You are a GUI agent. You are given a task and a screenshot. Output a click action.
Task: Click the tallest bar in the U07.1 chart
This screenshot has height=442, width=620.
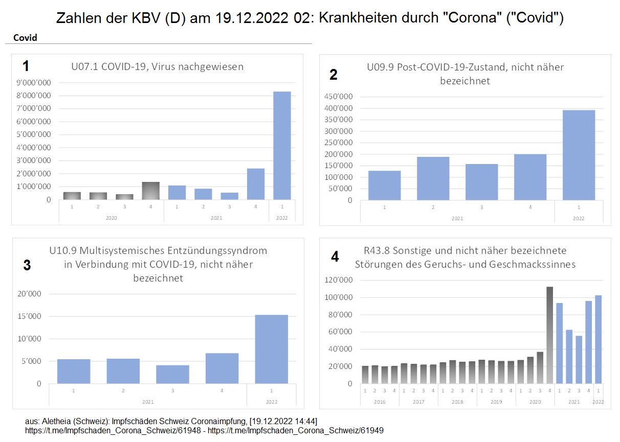pos(282,146)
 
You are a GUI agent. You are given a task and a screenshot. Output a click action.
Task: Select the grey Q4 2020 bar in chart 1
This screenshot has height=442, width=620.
pos(150,191)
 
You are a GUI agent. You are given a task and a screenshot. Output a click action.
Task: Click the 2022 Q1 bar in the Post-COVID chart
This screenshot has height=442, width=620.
pos(579,155)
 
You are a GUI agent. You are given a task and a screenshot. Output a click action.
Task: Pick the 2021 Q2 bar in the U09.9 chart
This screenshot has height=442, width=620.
pos(433,178)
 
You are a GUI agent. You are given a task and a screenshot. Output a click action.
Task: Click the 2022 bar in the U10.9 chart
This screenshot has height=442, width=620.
pos(272,349)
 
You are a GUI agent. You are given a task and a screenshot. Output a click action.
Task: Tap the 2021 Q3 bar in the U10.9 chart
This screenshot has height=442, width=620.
pos(172,374)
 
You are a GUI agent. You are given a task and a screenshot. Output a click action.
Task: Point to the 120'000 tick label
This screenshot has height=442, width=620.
pos(338,280)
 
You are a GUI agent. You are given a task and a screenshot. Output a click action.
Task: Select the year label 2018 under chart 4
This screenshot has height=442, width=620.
pos(457,402)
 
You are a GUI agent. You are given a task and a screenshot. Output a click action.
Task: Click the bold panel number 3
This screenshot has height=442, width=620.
pos(27,265)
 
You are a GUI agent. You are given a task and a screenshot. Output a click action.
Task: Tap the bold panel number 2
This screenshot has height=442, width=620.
pos(334,75)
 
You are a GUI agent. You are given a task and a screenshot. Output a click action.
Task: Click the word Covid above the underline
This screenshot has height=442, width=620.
pos(25,38)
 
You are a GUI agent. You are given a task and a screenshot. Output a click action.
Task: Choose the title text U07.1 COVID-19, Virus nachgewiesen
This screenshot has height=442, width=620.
pos(157,66)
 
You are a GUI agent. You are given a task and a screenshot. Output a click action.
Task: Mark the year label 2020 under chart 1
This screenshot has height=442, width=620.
pos(111,217)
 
